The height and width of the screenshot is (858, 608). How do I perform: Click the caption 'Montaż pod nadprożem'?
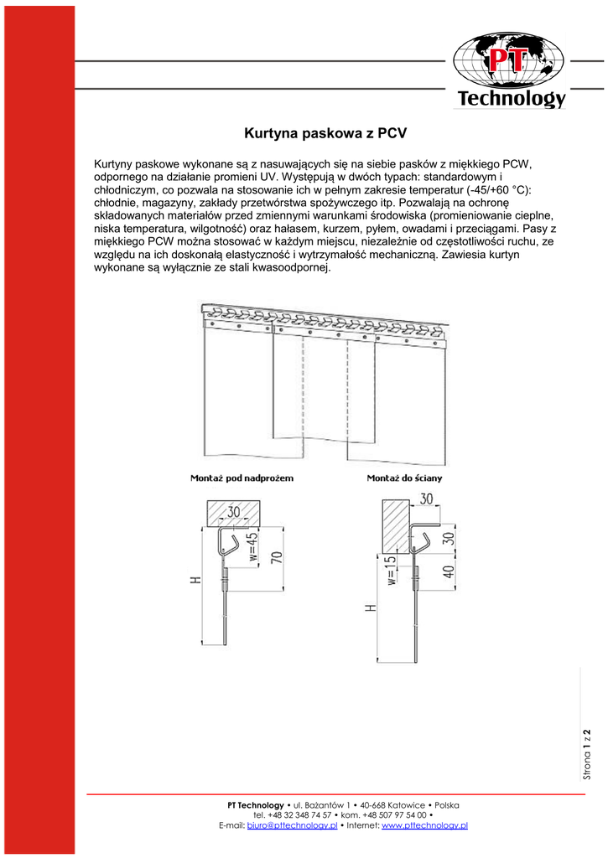pyautogui.click(x=242, y=478)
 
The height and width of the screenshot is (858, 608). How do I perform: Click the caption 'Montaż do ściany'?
pyautogui.click(x=405, y=478)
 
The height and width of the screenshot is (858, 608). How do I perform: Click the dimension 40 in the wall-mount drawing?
pyautogui.click(x=449, y=572)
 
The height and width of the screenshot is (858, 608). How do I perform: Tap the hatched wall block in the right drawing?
pyautogui.click(x=395, y=525)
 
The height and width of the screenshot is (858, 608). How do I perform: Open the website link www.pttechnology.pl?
pyautogui.click(x=424, y=825)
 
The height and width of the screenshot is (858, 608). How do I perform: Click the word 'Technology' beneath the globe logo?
pyautogui.click(x=511, y=99)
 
